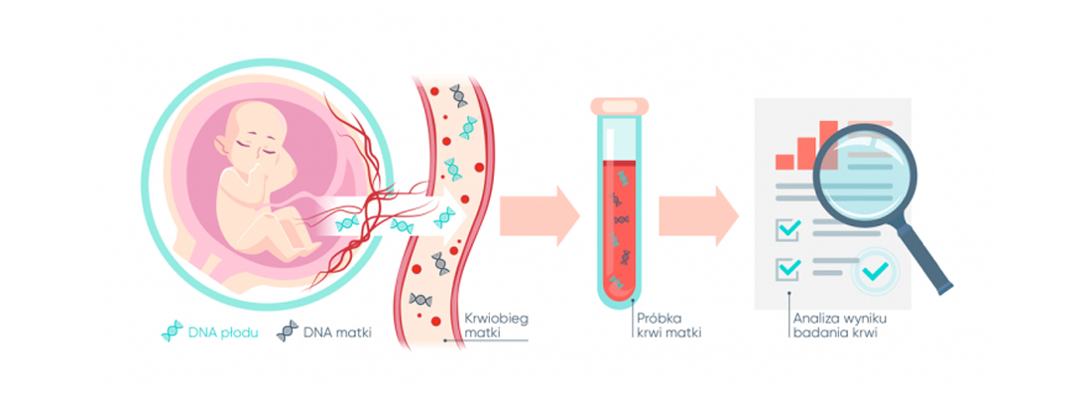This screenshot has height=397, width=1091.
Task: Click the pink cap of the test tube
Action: coord(619,106)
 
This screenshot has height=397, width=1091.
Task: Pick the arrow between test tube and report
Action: coord(698,216)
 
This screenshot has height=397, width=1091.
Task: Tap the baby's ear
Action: coord(220,145)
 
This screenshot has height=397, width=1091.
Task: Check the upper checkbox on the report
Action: coord(787,228)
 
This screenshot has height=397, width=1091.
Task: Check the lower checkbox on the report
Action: coord(787,268)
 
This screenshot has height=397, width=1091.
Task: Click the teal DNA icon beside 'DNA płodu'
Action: coord(172,332)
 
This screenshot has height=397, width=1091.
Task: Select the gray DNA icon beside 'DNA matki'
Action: coord(287,332)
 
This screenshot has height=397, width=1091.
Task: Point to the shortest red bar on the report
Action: coord(785,162)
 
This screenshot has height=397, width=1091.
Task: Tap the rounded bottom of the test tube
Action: coord(619,298)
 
